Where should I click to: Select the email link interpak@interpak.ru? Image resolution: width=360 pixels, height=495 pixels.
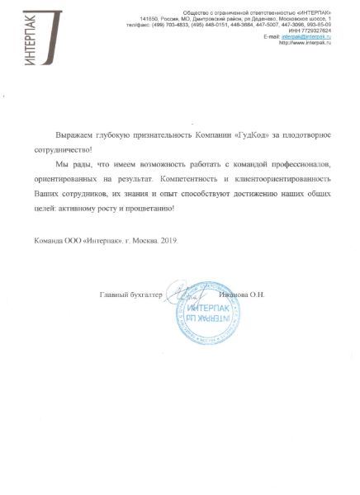pos(306,37)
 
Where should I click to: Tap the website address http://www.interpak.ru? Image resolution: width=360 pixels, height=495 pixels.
pos(306,43)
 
